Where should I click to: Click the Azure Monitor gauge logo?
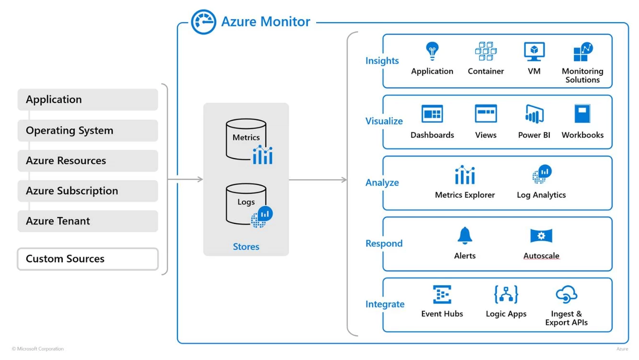(x=204, y=22)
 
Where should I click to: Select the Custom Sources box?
(x=88, y=259)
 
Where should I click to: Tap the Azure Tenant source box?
(x=88, y=221)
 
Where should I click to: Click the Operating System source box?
(x=88, y=130)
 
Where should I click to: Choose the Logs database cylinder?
(x=246, y=203)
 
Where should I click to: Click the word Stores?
(x=246, y=247)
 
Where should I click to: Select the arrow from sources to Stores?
(x=185, y=180)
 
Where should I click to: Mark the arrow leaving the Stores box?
(x=318, y=180)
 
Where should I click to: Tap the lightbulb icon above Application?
(x=432, y=51)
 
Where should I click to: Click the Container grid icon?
(x=486, y=51)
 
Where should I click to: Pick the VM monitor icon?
(x=534, y=51)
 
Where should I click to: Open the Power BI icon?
(x=534, y=114)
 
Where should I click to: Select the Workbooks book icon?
(x=582, y=114)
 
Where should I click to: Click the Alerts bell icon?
(x=465, y=235)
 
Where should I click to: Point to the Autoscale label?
(x=541, y=256)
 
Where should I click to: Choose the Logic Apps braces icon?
(x=506, y=295)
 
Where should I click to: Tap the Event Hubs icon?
(x=442, y=295)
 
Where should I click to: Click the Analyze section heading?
(x=382, y=183)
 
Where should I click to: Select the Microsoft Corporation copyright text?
(x=38, y=349)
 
